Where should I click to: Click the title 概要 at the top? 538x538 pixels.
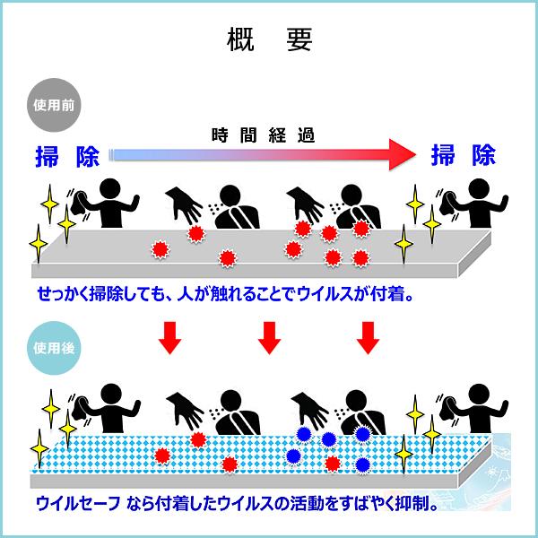269,41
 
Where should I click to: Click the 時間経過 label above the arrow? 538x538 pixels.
263,135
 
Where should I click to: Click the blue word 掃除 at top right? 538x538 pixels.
463,156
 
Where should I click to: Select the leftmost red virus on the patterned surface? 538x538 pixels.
161,456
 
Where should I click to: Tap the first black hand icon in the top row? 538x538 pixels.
186,207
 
